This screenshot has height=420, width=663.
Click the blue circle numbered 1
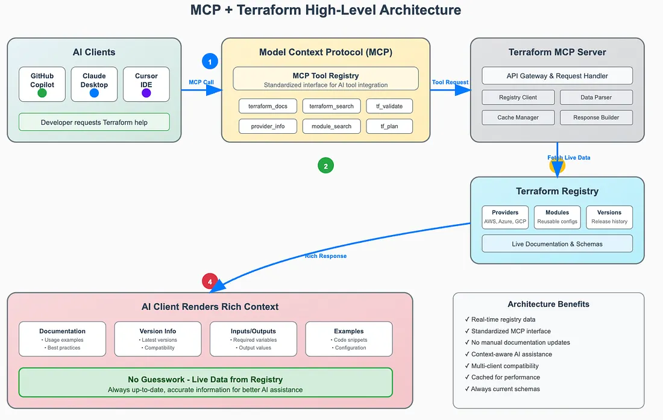pyautogui.click(x=210, y=61)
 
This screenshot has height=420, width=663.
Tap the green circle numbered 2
pyautogui.click(x=325, y=166)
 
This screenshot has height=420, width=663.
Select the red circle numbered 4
pyautogui.click(x=210, y=281)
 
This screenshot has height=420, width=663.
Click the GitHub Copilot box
pyautogui.click(x=42, y=84)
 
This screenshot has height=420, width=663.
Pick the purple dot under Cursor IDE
pyautogui.click(x=146, y=93)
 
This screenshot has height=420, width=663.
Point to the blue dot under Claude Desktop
pyautogui.click(x=94, y=93)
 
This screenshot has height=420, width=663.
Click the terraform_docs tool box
pyautogui.click(x=268, y=106)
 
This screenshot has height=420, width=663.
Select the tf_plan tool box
pyautogui.click(x=389, y=126)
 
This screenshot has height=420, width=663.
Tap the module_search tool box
pyautogui.click(x=331, y=126)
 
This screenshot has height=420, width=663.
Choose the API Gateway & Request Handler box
pyautogui.click(x=557, y=76)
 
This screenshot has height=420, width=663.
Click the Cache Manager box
pyautogui.click(x=518, y=118)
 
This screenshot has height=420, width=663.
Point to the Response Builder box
pyautogui.click(x=596, y=118)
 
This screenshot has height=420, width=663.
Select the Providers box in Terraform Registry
pyautogui.click(x=505, y=217)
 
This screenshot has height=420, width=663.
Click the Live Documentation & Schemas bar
pyautogui.click(x=557, y=243)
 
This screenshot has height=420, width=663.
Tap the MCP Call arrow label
pyautogui.click(x=201, y=82)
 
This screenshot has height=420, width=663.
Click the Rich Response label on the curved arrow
pyautogui.click(x=325, y=256)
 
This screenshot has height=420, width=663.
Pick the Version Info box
pyautogui.click(x=158, y=339)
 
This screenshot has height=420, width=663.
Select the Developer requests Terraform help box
pyautogui.click(x=94, y=122)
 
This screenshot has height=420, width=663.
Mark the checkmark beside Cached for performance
pyautogui.click(x=467, y=377)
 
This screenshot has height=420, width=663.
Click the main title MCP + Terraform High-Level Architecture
pyautogui.click(x=325, y=10)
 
